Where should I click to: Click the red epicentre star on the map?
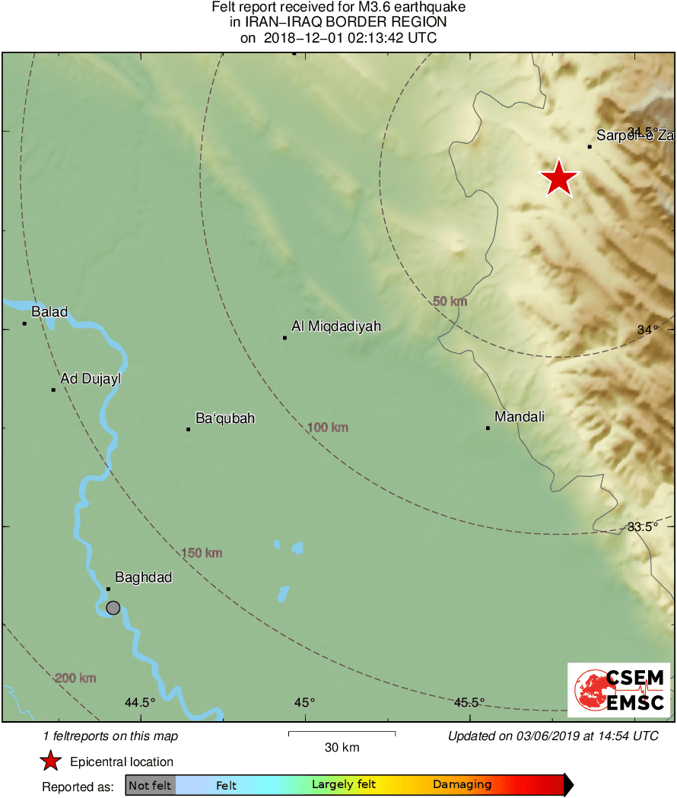tap(559, 178)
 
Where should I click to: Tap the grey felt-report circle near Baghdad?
tap(113, 607)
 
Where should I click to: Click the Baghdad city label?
tap(143, 577)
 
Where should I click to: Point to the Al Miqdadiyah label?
tap(336, 326)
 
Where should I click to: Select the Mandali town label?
tap(520, 417)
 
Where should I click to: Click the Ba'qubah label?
tap(225, 418)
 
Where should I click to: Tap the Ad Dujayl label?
tap(91, 378)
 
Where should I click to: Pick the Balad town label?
tap(49, 312)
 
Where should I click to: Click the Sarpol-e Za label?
tap(634, 136)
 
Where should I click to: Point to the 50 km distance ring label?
tap(450, 301)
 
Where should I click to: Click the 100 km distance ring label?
tap(328, 428)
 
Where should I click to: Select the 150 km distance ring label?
tap(202, 553)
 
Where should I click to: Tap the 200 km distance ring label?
tap(75, 678)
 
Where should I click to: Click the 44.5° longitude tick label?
tap(140, 702)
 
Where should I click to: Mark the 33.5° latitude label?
tap(642, 526)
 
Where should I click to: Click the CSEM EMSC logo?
tap(618, 690)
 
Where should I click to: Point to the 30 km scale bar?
tap(342, 733)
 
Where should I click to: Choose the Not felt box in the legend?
tap(150, 785)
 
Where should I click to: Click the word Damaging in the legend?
tap(462, 785)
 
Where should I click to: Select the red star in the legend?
tap(50, 761)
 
